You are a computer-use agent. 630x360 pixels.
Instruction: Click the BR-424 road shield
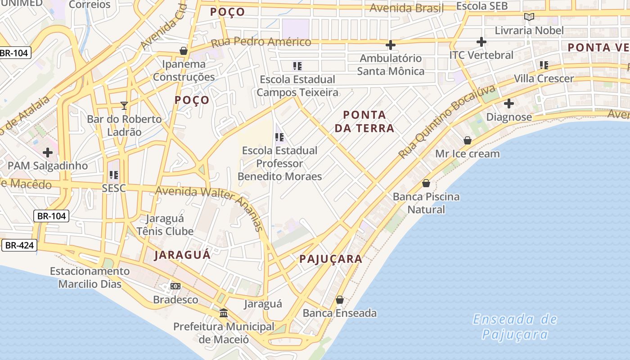(x=18, y=245)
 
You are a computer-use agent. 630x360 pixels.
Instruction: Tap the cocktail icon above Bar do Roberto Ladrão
(x=124, y=106)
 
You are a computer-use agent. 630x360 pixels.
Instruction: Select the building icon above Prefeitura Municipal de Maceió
(x=223, y=313)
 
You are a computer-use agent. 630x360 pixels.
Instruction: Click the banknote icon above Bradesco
(x=175, y=286)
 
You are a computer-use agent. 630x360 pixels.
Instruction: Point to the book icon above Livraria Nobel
(x=529, y=17)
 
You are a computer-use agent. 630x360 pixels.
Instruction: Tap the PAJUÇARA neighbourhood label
(x=331, y=259)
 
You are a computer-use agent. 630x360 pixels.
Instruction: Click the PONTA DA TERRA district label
(x=364, y=121)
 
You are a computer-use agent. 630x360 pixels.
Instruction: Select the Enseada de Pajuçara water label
(x=515, y=327)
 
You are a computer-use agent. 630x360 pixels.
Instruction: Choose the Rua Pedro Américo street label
(x=261, y=42)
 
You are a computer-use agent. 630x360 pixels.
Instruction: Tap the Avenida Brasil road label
(x=406, y=8)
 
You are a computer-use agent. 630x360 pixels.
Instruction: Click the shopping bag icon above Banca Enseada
(x=340, y=300)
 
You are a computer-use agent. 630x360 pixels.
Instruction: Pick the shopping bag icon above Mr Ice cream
(x=468, y=140)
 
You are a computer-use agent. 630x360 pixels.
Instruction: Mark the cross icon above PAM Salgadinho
(x=48, y=153)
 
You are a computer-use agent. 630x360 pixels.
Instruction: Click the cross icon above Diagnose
(x=509, y=103)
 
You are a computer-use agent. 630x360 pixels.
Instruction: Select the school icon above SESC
(x=113, y=175)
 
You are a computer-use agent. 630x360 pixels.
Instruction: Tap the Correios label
(x=90, y=4)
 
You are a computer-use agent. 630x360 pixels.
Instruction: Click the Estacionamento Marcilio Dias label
(x=90, y=278)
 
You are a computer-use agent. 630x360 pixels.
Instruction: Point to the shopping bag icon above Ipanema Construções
(x=184, y=51)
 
